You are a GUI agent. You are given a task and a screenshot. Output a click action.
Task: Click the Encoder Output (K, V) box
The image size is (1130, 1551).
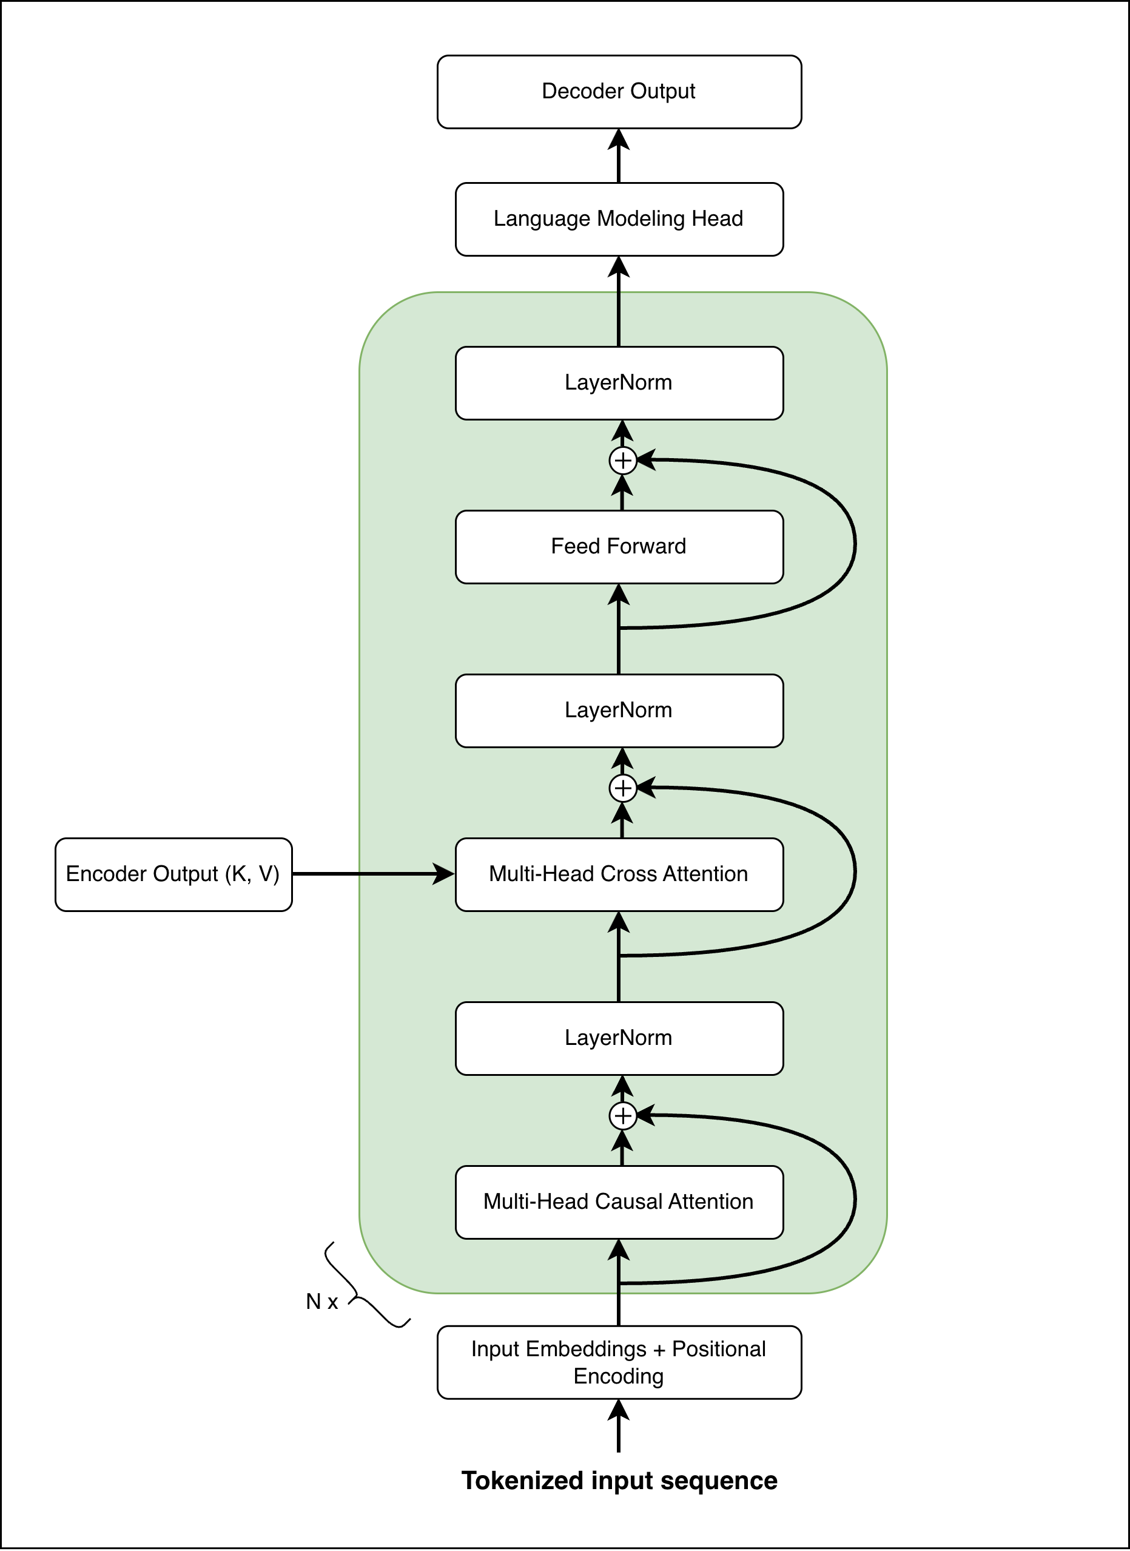click(x=173, y=874)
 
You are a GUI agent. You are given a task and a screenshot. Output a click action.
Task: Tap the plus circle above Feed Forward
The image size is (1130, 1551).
click(x=622, y=461)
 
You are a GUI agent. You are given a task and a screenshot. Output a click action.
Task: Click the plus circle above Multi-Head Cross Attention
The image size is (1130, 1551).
click(x=622, y=788)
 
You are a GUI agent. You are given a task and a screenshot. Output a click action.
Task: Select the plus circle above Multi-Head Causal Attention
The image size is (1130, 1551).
click(x=622, y=1116)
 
